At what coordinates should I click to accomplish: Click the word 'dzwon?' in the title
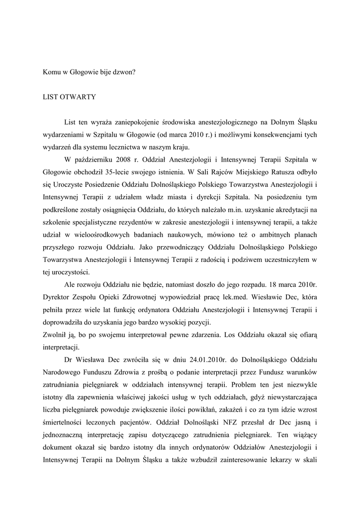click(x=124, y=72)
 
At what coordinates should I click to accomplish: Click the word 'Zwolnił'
click(x=54, y=335)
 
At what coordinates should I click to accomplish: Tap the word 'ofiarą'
click(x=307, y=335)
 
